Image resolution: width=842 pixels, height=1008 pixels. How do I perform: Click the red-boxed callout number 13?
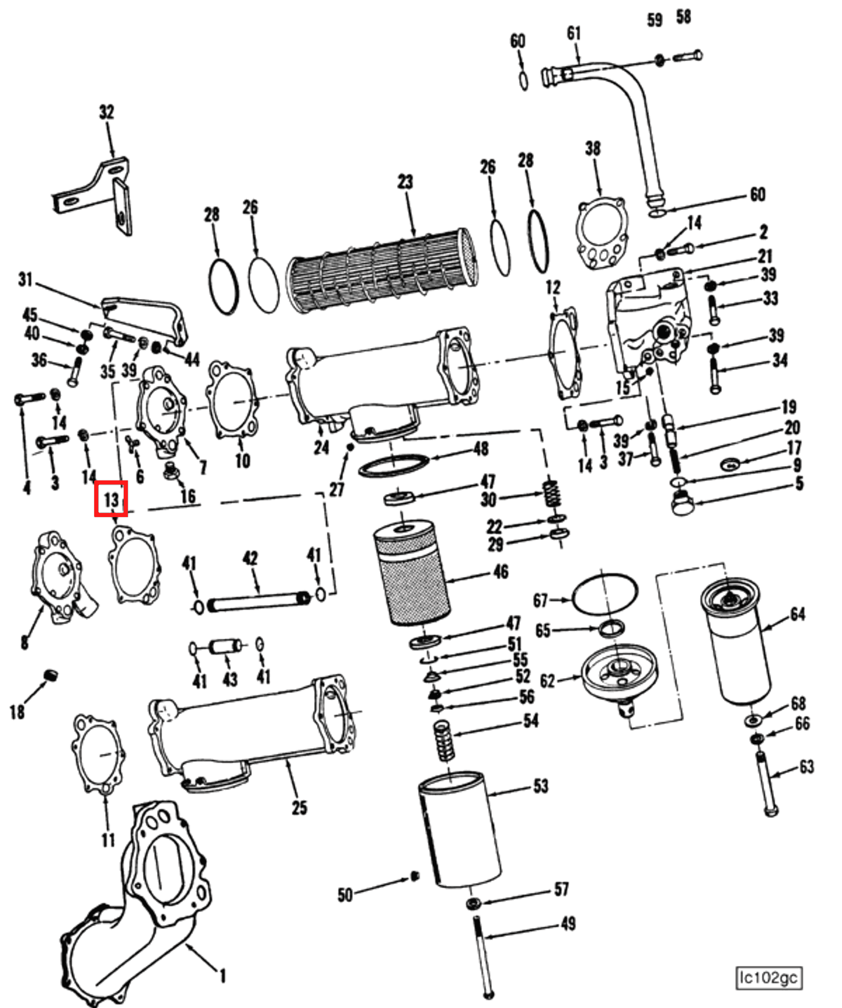tap(111, 499)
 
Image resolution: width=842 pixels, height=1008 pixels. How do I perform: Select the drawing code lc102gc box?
tap(768, 977)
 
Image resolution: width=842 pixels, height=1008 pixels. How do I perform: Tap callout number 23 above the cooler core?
tap(405, 182)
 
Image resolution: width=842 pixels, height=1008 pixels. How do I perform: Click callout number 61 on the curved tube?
tap(573, 34)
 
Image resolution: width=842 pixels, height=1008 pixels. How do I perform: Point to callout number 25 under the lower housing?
tap(299, 807)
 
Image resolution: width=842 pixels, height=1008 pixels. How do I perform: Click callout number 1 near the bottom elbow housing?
tap(223, 976)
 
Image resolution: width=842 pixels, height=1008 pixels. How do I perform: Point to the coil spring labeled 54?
tap(444, 740)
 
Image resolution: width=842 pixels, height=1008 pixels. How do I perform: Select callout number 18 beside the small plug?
tap(17, 712)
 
